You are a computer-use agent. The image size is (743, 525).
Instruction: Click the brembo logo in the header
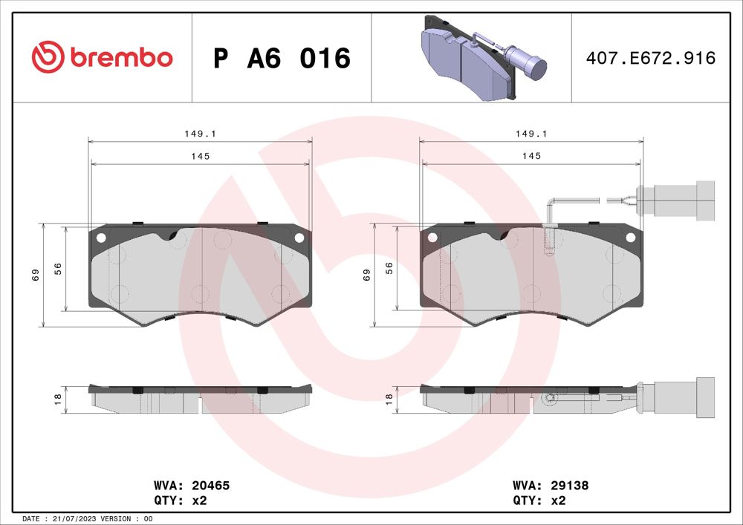102,57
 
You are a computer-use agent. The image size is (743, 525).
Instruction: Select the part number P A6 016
281,58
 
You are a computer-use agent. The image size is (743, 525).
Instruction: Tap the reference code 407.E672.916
651,58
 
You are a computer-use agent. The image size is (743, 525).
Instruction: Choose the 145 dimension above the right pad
531,156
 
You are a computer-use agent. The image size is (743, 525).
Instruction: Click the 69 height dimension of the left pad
35,275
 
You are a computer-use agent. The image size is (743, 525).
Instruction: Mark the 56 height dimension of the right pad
389,269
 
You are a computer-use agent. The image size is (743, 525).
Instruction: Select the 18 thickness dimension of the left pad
56,400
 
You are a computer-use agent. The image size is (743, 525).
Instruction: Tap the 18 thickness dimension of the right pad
388,400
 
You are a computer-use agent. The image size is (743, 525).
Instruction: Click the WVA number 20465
210,486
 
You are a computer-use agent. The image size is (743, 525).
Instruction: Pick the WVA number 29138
569,486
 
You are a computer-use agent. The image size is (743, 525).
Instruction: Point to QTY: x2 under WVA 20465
180,500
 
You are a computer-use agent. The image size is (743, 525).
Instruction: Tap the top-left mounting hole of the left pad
101,238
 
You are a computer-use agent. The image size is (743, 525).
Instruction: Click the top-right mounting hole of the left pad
299,238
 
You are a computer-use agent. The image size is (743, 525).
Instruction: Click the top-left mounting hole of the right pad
432,238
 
